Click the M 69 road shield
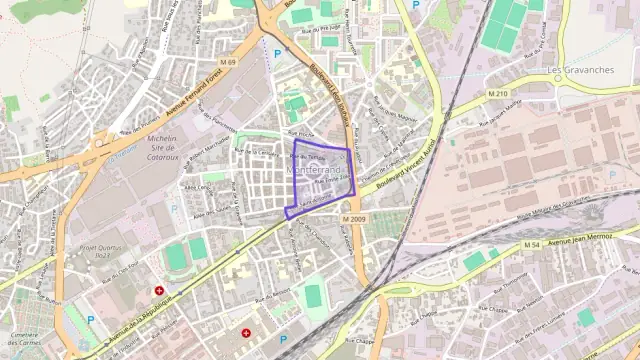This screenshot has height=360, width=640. tap(231, 63)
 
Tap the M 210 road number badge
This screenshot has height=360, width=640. tap(497, 93)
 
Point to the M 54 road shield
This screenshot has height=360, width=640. tap(532, 244)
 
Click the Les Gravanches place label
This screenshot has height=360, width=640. tap(581, 70)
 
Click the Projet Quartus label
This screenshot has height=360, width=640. tap(100, 249)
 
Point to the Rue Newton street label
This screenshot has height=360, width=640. tap(532, 299)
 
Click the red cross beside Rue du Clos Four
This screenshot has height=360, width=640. tap(159, 291)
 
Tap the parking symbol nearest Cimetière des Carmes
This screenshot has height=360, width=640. tap(90, 319)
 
